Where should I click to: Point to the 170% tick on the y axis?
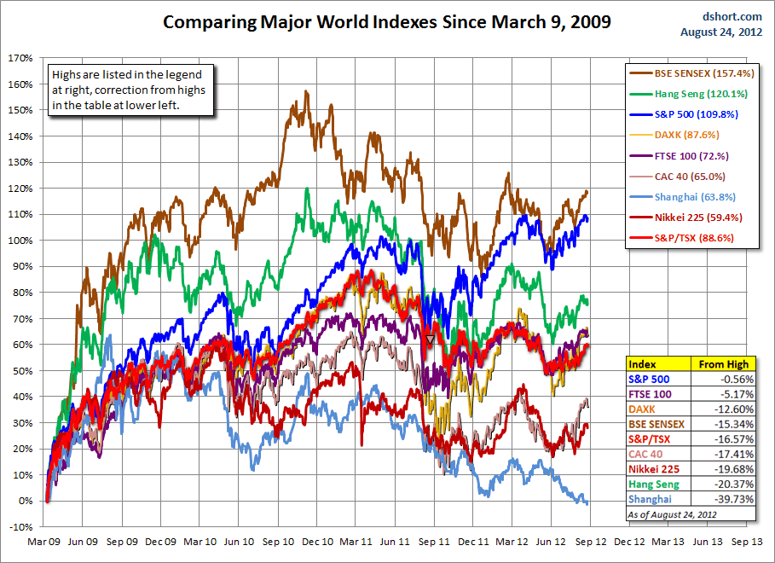tap(20, 59)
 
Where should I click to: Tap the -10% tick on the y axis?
tap(20, 526)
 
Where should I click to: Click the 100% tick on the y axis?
tap(20, 241)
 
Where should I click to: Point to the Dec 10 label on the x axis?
tap(318, 541)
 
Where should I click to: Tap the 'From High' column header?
tap(723, 363)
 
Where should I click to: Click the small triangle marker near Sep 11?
tap(430, 340)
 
